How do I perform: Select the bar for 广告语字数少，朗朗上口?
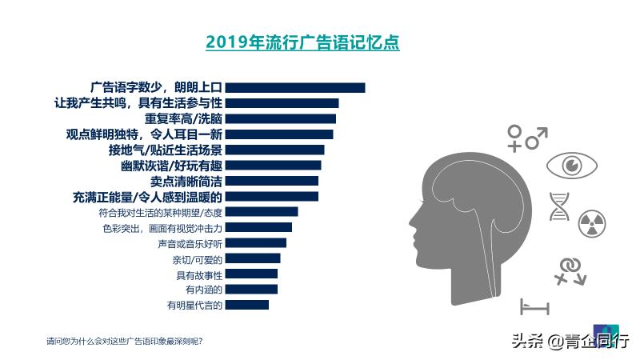295,88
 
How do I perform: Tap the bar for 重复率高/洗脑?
281,118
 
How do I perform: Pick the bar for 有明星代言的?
247,305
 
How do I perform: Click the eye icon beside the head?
571,166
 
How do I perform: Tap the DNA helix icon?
558,206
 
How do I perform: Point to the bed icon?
534,306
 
